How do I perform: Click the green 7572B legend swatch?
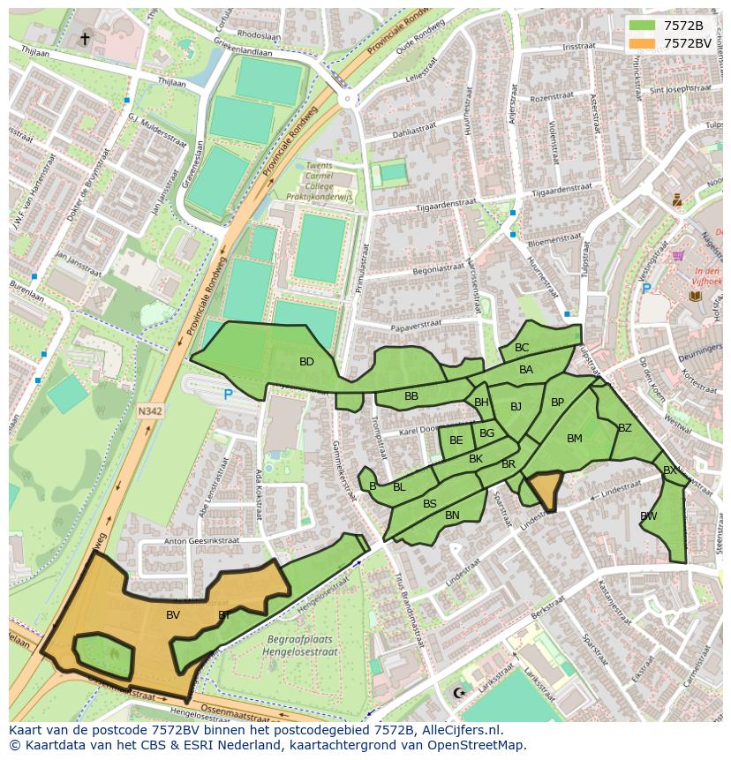point(642,26)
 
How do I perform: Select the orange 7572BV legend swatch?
point(642,42)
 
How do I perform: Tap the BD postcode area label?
point(306,362)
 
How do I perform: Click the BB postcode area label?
point(411,396)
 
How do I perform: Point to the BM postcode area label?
point(575,439)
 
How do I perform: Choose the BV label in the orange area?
point(173,614)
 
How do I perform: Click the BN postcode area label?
point(452,515)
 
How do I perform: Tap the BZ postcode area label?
point(625,428)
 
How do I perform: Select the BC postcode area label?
point(522,348)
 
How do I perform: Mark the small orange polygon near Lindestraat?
point(546,488)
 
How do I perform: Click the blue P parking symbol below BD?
point(228,395)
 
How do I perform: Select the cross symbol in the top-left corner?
point(85,38)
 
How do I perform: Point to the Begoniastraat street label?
point(431,265)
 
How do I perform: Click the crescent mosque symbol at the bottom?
point(457,693)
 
